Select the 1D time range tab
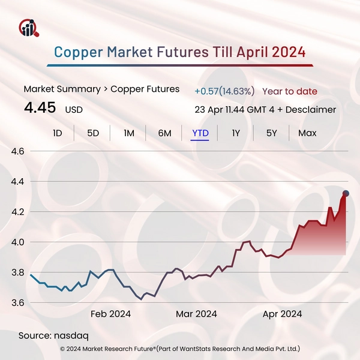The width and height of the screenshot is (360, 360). pos(58,133)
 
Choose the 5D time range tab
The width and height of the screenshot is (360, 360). pos(93,133)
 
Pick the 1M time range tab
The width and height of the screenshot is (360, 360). pos(129,133)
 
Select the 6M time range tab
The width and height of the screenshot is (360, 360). pos(165,133)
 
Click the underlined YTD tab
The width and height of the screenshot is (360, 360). pos(200,133)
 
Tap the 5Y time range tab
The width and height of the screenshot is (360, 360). pos(271,133)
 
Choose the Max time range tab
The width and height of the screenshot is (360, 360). pos(307,133)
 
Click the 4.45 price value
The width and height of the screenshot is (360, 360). pos(40,108)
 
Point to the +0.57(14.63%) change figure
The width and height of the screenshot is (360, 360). pos(224,91)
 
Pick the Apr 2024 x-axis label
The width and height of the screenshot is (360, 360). pos(283,314)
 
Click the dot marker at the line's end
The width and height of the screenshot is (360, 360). pos(346,193)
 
